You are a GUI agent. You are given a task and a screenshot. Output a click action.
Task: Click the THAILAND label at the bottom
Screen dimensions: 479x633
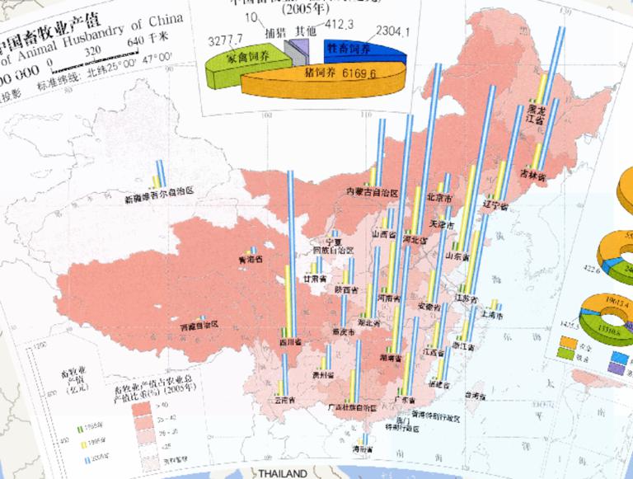(283, 474)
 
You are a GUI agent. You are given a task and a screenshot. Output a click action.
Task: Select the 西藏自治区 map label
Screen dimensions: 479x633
(199, 325)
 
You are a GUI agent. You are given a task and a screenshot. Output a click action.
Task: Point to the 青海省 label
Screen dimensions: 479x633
(250, 259)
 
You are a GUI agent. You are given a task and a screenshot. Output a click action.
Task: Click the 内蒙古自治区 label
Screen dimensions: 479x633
(372, 192)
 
